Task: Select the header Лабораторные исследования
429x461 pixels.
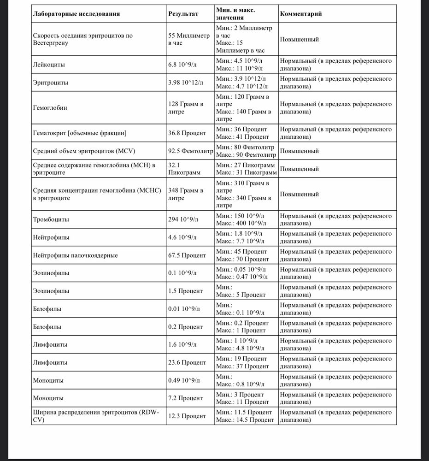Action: click(76, 14)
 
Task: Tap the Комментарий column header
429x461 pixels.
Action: click(300, 14)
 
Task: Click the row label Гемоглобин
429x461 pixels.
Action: click(51, 108)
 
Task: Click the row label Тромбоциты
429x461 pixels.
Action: click(51, 219)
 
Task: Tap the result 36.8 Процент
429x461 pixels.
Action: click(187, 133)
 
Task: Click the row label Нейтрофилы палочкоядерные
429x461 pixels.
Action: click(76, 255)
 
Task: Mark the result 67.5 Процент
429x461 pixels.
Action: click(187, 255)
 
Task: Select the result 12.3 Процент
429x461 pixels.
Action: click(187, 416)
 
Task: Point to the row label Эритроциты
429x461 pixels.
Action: click(51, 83)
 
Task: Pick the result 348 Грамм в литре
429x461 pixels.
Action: click(186, 194)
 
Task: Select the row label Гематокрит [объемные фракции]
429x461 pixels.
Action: click(80, 133)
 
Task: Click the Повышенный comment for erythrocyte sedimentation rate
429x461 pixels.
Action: click(300, 39)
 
